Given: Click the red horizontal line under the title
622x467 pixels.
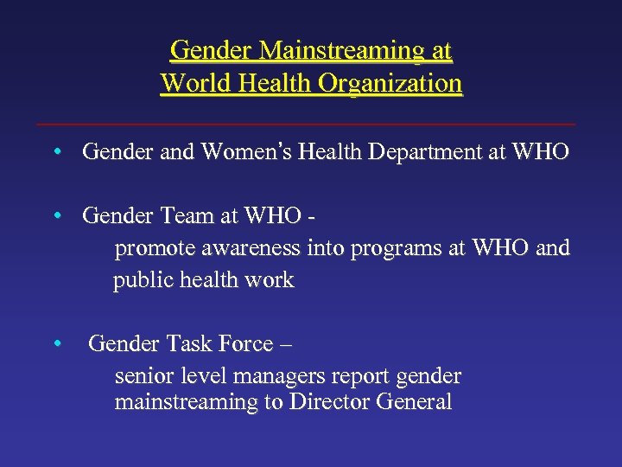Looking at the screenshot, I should coord(311,125).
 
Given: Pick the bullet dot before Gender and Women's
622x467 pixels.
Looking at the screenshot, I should coord(55,153).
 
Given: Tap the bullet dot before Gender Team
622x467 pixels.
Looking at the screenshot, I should coord(55,215).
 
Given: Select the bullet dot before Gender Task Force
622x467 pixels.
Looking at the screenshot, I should coord(55,343).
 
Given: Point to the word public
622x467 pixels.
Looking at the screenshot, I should coord(140,280).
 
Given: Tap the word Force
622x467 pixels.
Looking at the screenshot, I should coord(247,343).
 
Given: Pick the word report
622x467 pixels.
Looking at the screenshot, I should coord(366,377).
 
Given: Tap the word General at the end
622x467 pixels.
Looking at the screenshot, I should coord(413,402).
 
